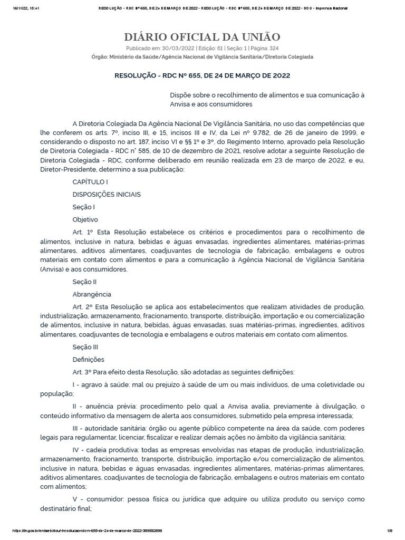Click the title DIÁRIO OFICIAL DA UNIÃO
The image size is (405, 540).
202,36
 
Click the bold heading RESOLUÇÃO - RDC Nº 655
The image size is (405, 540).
202,75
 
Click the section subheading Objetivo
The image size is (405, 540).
85,219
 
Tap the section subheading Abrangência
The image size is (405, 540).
92,294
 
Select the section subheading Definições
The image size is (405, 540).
88,360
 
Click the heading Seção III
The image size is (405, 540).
85,347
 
